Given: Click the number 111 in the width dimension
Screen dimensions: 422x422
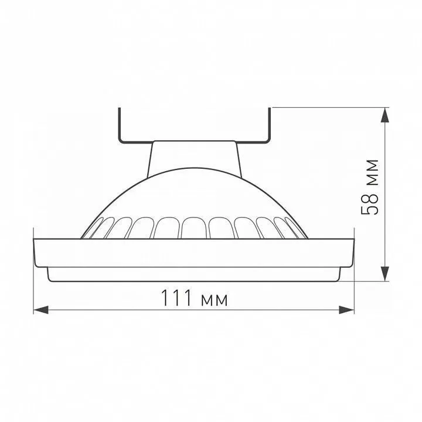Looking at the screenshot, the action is pyautogui.click(x=176, y=298).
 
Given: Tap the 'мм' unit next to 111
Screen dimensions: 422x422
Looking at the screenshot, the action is pyautogui.click(x=215, y=301).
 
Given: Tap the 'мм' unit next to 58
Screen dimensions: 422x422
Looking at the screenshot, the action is pyautogui.click(x=373, y=173).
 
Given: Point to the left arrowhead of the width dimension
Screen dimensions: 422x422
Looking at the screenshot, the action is pyautogui.click(x=40, y=310).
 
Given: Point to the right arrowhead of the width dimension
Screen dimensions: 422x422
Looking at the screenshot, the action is pyautogui.click(x=346, y=310).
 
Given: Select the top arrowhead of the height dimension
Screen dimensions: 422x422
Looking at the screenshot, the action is pyautogui.click(x=385, y=115).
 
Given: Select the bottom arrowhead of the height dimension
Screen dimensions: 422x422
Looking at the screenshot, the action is pyautogui.click(x=385, y=274).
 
